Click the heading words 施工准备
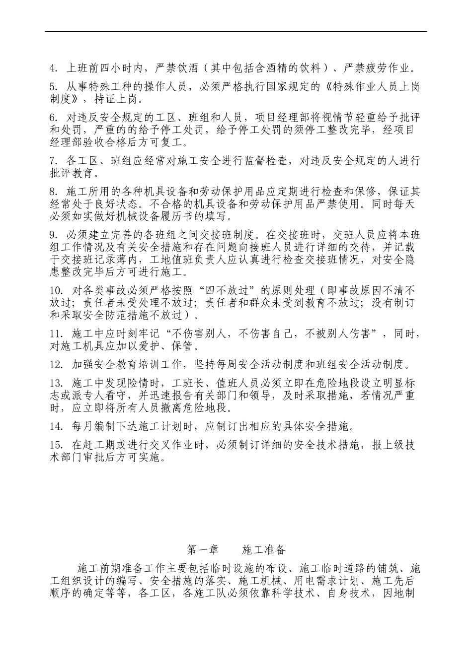point(264,549)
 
